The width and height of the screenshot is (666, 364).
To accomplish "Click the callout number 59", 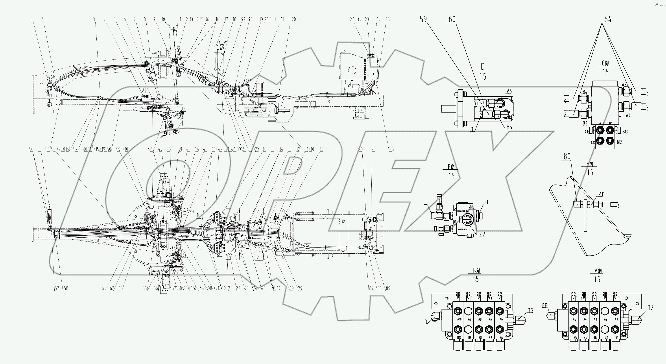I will (423, 19).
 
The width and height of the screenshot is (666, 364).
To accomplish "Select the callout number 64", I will (608, 19).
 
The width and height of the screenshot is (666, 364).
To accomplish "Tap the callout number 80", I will (567, 156).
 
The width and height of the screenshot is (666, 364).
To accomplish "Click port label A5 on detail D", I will (509, 91).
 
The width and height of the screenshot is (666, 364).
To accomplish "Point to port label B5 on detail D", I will (509, 127).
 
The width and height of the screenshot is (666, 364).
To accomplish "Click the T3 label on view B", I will (531, 310).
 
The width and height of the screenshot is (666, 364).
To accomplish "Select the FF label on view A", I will (544, 306).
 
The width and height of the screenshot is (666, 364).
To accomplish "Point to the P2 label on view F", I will (482, 234).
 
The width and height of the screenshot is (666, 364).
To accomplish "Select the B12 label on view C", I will (619, 142).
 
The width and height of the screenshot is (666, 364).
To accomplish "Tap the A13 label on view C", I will (587, 132).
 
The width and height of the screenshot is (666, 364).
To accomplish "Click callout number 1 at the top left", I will (32, 19).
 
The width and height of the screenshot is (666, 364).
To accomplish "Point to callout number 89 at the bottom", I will (387, 288).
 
